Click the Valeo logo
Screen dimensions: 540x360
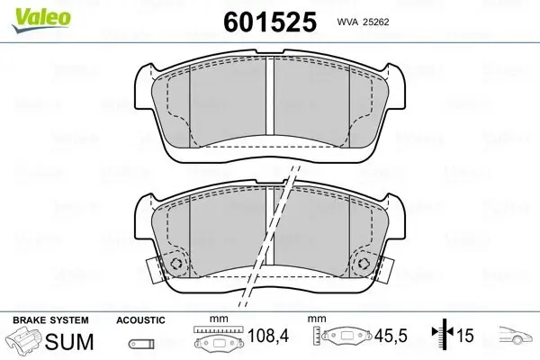coord(41,20)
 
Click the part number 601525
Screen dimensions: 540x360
coord(270,22)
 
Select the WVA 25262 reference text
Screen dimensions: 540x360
coord(363,22)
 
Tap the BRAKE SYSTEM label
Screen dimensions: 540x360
coord(50,320)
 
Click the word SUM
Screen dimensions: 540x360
coord(69,341)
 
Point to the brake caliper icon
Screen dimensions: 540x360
coord(24,341)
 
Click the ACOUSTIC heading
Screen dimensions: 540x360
coord(140,320)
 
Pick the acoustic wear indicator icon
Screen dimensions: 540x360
coord(141,344)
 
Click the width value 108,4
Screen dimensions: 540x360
coord(268,336)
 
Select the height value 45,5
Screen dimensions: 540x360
coord(391,336)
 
